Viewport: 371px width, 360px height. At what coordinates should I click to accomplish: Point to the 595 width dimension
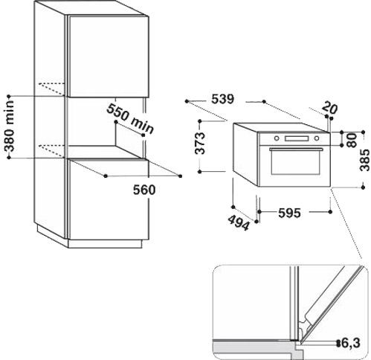(289, 213)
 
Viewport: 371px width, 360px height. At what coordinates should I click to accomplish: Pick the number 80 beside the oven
(352, 139)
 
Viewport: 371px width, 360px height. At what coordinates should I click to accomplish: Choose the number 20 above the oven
(331, 108)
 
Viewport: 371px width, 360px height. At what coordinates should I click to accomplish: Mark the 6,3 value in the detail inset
(355, 343)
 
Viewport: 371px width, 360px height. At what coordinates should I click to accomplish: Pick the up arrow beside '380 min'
(10, 97)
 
